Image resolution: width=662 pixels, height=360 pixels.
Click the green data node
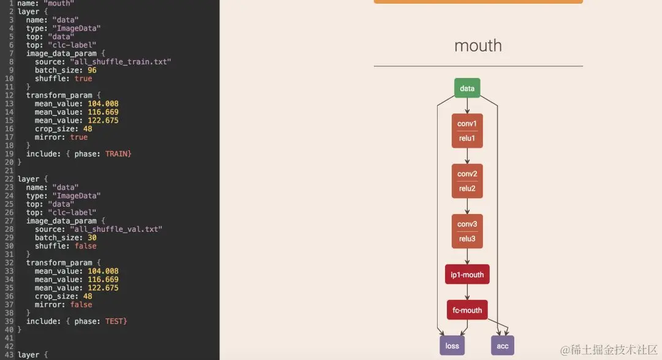pos(467,88)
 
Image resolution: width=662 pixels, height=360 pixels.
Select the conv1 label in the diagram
pos(467,124)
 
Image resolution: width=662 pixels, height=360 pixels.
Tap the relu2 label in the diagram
pos(467,188)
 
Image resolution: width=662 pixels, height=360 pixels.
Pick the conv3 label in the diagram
pos(467,224)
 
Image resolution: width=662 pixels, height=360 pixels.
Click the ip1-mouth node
pos(467,275)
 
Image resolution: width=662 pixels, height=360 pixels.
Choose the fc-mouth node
pos(467,310)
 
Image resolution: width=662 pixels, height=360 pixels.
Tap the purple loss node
pos(452,346)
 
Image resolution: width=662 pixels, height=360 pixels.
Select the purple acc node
pos(503,346)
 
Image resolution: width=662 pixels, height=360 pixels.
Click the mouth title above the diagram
pos(478,45)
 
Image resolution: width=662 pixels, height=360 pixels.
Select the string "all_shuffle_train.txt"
pos(121,62)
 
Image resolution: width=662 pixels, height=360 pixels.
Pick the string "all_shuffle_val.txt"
pos(116,229)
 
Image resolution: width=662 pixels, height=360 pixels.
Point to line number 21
pos(9,170)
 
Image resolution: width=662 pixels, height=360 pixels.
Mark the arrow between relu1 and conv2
pos(467,156)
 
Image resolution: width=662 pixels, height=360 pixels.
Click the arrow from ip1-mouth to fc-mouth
pos(467,293)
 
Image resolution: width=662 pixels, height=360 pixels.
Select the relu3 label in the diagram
pos(467,239)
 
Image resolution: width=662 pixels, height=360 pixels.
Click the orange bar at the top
pos(478,2)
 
